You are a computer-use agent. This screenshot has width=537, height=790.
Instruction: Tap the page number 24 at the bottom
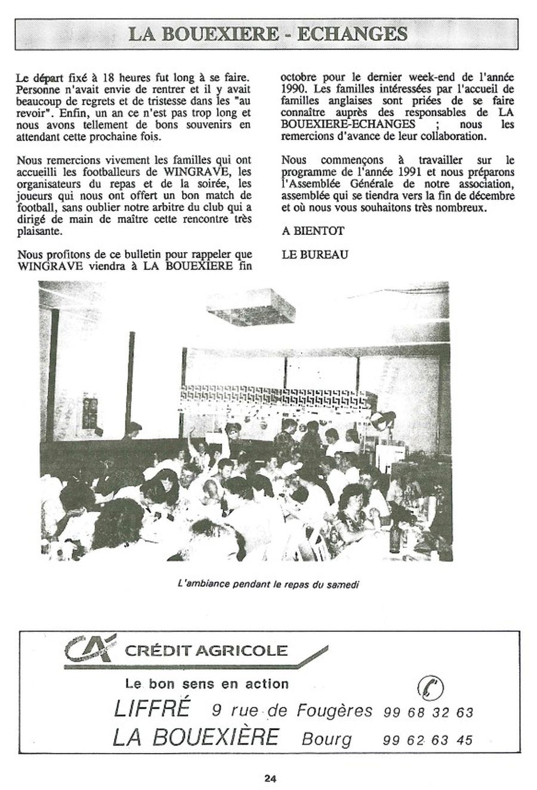pyautogui.click(x=270, y=777)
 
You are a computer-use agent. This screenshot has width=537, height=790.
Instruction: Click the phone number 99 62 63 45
pyautogui.click(x=428, y=740)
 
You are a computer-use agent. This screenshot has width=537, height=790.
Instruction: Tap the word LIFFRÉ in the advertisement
pyautogui.click(x=152, y=709)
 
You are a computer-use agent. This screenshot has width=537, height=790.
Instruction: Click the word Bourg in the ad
pyautogui.click(x=327, y=739)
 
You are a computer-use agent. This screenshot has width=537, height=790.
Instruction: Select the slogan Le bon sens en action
pyautogui.click(x=206, y=683)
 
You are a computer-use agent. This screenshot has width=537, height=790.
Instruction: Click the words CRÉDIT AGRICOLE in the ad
pyautogui.click(x=206, y=649)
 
